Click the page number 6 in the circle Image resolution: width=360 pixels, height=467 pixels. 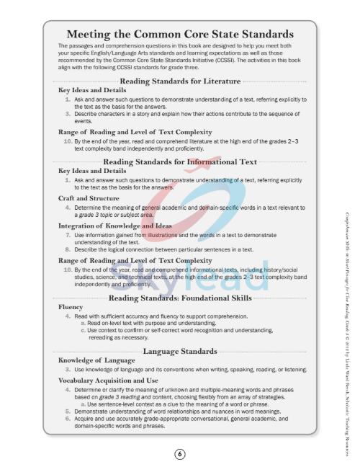click(x=179, y=453)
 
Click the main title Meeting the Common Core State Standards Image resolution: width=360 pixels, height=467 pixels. click(x=179, y=34)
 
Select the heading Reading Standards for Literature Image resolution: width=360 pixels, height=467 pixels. click(x=181, y=81)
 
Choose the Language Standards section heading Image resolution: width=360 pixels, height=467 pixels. click(x=180, y=351)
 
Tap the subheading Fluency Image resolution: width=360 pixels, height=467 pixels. click(x=71, y=306)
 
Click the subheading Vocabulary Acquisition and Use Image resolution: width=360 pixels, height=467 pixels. click(x=108, y=380)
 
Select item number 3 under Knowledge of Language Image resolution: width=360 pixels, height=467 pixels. click(x=68, y=369)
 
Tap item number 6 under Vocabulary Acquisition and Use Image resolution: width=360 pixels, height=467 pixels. click(x=68, y=419)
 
